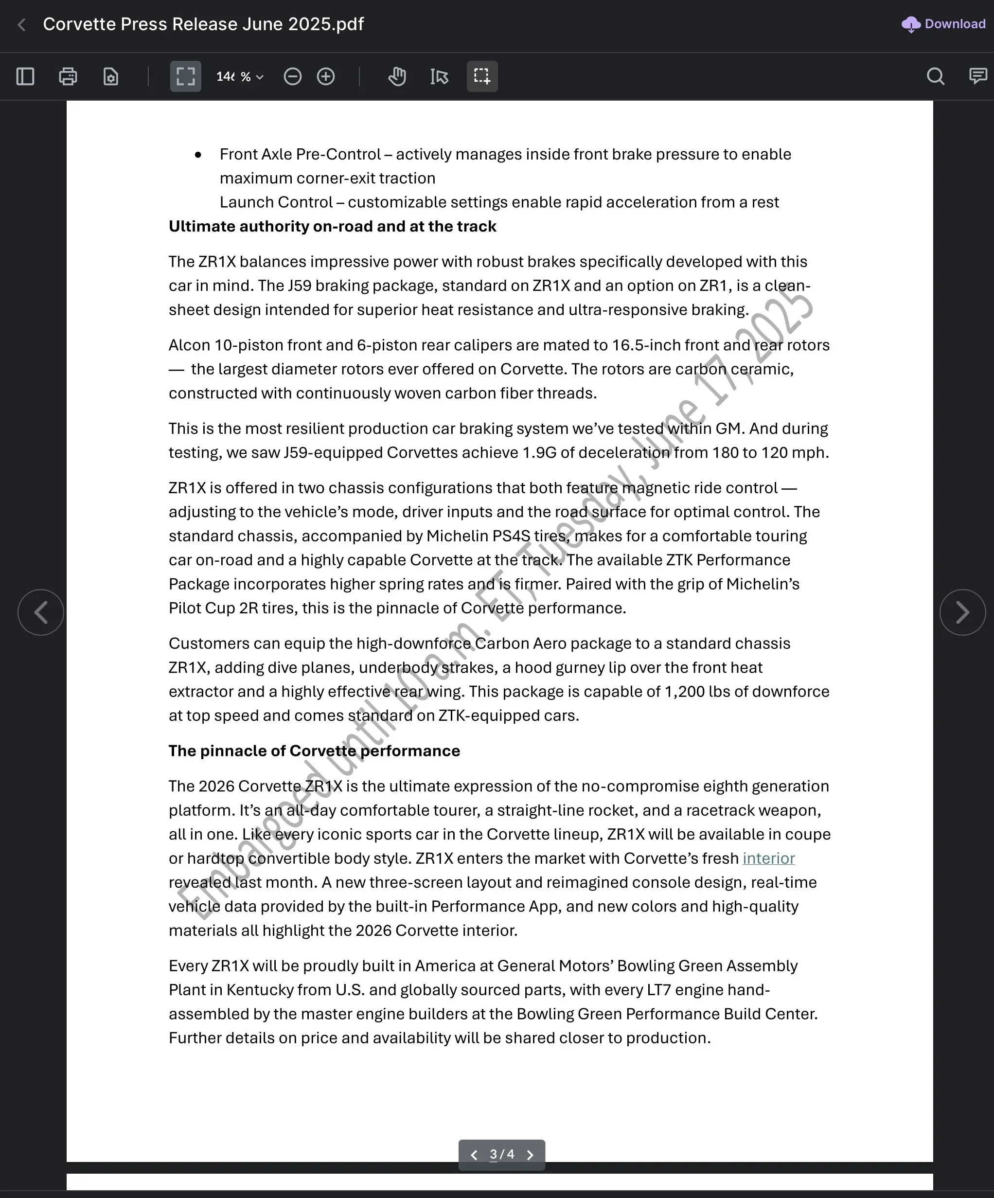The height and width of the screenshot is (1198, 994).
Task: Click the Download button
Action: pos(944,24)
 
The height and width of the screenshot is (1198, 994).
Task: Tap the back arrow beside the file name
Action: pos(22,24)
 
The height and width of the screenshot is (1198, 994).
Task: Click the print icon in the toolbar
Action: pos(68,76)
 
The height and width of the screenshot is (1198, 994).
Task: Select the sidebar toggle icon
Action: pos(25,76)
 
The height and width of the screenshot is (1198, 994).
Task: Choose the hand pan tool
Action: pos(397,76)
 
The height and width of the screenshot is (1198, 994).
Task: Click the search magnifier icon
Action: pos(935,76)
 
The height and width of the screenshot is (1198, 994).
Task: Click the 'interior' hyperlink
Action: pos(768,858)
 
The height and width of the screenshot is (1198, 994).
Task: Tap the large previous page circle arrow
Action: pos(40,612)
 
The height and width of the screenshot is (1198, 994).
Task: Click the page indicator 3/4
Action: pos(502,1154)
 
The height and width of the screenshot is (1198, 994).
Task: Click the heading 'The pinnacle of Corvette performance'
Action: pos(314,751)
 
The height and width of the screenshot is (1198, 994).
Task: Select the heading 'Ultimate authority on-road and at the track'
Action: pos(333,227)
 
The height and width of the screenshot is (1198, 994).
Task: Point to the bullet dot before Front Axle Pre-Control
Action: pos(198,155)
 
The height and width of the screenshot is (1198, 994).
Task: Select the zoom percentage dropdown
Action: pos(240,76)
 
